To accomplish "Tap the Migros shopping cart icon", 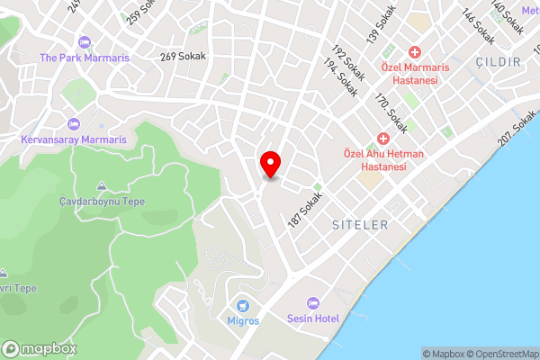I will click(243, 307).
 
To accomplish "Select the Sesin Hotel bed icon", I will click(313, 303).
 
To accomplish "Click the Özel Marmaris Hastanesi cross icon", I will click(415, 53).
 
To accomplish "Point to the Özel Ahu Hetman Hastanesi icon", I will click(382, 139).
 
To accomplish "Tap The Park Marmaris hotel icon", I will click(85, 42).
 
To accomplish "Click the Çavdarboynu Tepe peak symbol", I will click(101, 186).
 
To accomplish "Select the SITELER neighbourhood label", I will click(359, 222).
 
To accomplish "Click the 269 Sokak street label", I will click(183, 57).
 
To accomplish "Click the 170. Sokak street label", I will click(391, 114).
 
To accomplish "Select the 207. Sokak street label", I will click(516, 132).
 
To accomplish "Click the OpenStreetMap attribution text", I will click(501, 354).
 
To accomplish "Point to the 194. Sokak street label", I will click(338, 83).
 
